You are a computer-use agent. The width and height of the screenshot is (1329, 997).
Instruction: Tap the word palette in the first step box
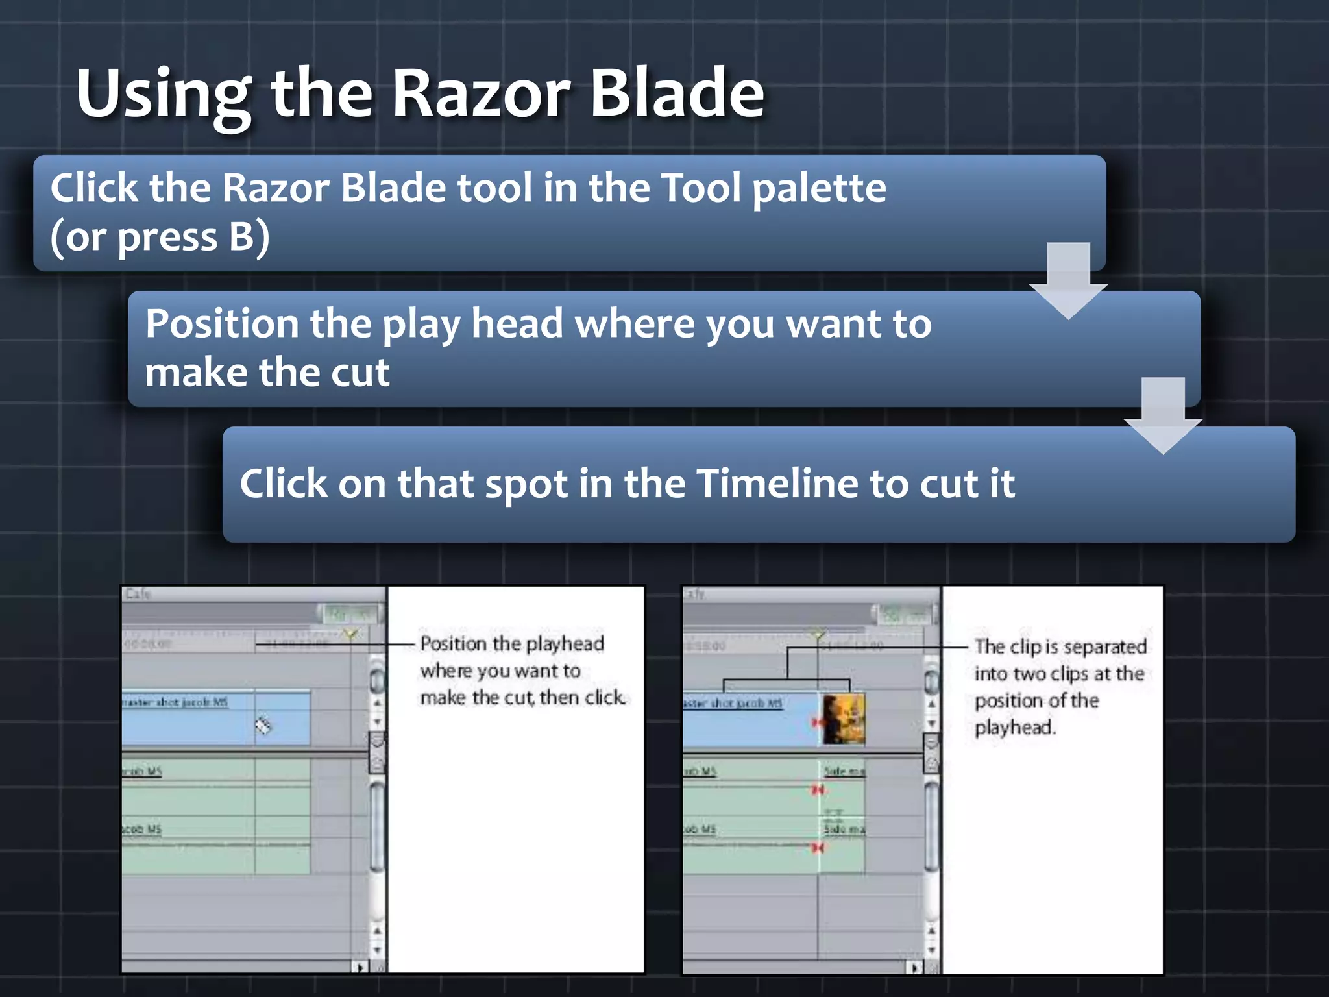(819, 189)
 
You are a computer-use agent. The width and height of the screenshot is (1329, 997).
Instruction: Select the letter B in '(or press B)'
(241, 237)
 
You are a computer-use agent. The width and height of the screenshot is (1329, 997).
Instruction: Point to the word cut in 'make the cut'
(360, 373)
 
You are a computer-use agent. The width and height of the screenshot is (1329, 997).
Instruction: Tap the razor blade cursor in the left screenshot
(262, 725)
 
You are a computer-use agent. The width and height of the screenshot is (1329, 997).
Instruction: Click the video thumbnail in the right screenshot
(844, 719)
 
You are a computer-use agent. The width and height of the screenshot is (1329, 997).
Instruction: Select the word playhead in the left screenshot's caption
(565, 645)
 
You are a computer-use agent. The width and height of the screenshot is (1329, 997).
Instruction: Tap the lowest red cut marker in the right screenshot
(818, 848)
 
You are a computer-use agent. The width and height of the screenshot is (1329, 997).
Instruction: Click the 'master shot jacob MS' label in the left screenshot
(175, 702)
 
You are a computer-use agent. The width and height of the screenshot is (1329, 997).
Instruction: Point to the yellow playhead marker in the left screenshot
(351, 634)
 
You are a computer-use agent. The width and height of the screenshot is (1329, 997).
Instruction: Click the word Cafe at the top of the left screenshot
(138, 594)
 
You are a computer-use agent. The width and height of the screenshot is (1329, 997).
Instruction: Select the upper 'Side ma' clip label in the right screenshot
(844, 771)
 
